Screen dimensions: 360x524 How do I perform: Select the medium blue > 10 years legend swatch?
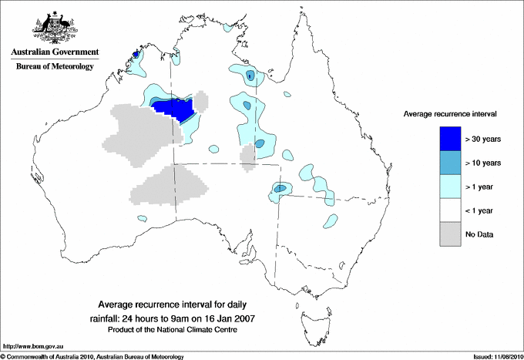(x=445, y=162)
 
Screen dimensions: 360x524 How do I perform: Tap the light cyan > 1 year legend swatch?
(x=445, y=186)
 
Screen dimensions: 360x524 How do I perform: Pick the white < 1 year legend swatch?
(x=445, y=210)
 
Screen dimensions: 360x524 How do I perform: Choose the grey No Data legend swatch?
(x=445, y=234)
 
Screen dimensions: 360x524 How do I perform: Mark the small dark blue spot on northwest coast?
(x=136, y=55)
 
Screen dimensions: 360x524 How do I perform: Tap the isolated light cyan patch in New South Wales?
(x=333, y=221)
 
